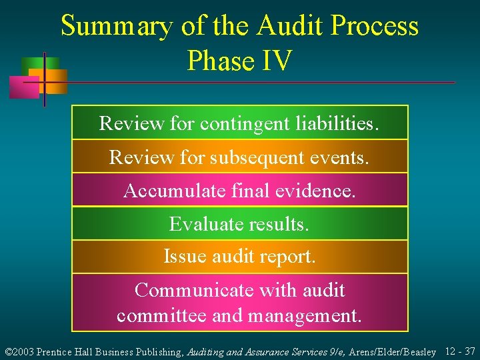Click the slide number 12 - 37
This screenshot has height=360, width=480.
[459, 351]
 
